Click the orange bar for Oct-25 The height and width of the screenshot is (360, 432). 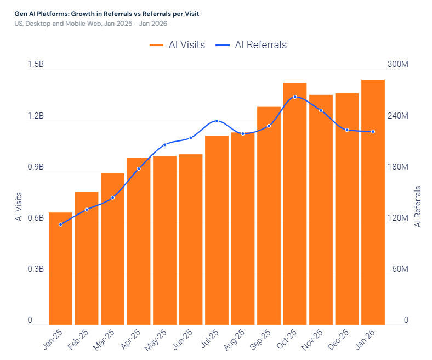click(x=295, y=204)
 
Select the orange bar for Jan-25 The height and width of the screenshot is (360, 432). click(x=60, y=268)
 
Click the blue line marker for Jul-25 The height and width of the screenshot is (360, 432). click(x=217, y=121)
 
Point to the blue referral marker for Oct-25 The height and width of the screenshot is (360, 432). click(x=295, y=97)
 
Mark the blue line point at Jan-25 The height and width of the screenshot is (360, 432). click(x=60, y=224)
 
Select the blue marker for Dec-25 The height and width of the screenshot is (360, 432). click(x=347, y=130)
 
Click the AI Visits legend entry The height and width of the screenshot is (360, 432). click(x=177, y=45)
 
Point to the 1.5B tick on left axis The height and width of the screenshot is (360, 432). click(x=36, y=65)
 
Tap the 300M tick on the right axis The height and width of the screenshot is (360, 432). click(x=397, y=65)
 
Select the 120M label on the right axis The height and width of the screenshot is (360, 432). click(x=397, y=218)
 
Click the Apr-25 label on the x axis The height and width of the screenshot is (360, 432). click(x=132, y=340)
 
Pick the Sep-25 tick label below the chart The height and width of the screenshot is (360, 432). click(x=262, y=340)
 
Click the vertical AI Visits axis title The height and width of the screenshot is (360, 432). click(x=19, y=206)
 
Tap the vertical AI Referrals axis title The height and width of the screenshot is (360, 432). click(x=418, y=206)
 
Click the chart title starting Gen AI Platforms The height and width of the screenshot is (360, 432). click(x=107, y=13)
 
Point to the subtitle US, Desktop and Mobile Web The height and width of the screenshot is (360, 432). click(x=90, y=24)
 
